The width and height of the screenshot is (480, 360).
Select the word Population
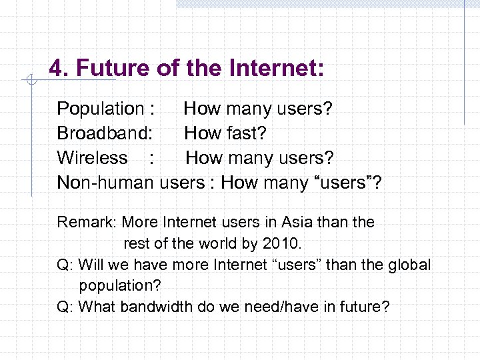(x=101, y=108)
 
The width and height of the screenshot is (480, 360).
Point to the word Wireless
(x=92, y=158)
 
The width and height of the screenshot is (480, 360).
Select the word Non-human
(x=105, y=182)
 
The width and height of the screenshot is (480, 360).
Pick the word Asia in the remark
(x=298, y=222)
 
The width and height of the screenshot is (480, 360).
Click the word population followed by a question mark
(x=117, y=285)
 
